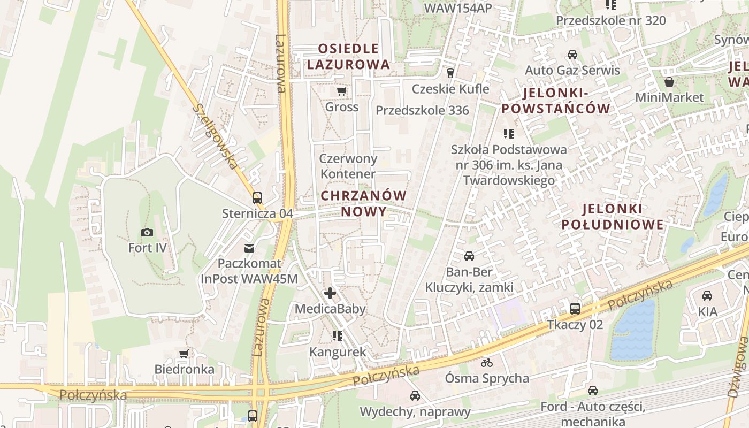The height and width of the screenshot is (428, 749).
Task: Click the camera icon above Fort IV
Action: point(147,232)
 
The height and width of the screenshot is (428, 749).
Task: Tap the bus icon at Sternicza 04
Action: point(257,197)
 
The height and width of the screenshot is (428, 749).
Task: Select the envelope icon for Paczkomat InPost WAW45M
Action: point(249,248)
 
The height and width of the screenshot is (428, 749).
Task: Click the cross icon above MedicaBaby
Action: point(330,293)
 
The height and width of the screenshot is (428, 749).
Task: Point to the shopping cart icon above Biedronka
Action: point(184,353)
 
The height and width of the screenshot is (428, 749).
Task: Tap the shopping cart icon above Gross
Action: point(341,91)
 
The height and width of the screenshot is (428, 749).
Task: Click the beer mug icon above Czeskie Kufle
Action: point(450,73)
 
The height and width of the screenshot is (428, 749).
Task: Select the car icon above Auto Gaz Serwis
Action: point(572,55)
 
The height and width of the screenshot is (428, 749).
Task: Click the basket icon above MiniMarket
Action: point(669,82)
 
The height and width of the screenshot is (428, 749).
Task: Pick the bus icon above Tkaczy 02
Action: point(575,309)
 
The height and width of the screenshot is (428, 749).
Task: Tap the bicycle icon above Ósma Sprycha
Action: point(486,363)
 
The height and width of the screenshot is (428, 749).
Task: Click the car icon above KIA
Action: point(707,295)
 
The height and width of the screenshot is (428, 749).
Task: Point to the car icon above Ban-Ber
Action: point(469,256)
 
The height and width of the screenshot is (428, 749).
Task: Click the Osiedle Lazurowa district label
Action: point(349,57)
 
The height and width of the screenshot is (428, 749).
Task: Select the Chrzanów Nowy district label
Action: point(364,203)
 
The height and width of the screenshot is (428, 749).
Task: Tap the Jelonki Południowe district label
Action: point(612,216)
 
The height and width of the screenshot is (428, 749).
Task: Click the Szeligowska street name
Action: point(215,136)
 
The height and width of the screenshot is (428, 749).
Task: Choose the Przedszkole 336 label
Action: point(422,111)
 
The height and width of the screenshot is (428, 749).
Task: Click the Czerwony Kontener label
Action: point(348,166)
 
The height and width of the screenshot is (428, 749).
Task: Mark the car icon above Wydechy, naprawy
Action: point(415,396)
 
